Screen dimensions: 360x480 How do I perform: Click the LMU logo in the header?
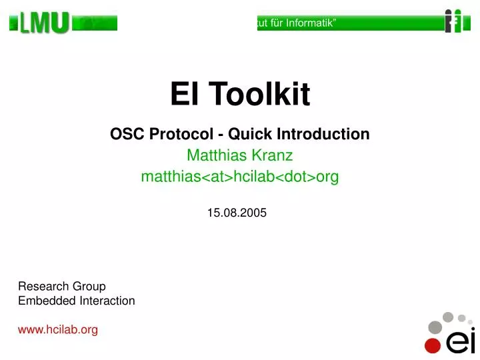[44, 24]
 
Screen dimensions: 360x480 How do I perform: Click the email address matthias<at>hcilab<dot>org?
[240, 177]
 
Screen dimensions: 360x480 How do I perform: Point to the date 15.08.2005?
[237, 213]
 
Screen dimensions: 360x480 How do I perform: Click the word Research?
[41, 286]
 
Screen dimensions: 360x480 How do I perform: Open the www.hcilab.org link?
[58, 329]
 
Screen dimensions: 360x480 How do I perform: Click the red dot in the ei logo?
[433, 345]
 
